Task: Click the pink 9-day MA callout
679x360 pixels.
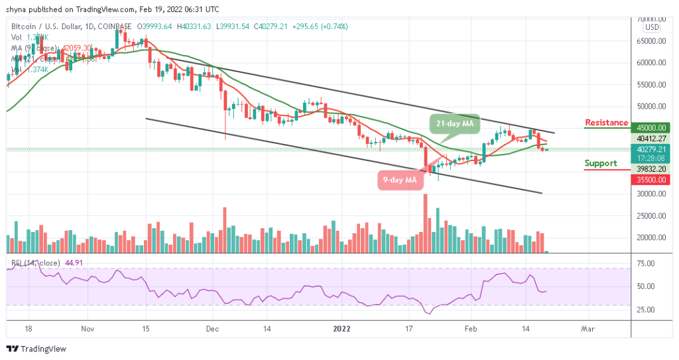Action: [401, 179]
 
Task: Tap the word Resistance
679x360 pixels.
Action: [606, 123]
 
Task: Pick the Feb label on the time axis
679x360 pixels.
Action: [470, 328]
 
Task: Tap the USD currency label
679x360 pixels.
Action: [652, 27]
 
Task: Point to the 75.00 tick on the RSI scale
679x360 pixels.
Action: [645, 264]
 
